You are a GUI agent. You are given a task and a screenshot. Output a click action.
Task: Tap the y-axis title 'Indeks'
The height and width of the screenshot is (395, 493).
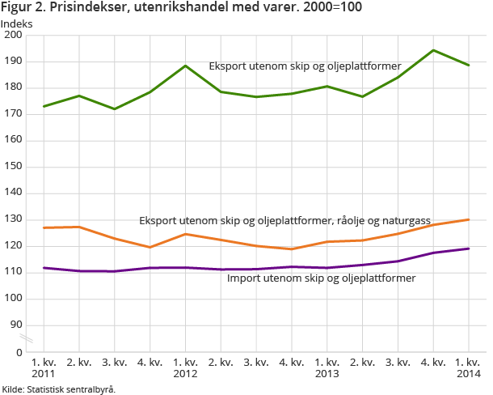[x=17, y=23]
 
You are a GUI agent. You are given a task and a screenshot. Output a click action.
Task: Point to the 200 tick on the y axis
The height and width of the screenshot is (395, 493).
[x=13, y=36]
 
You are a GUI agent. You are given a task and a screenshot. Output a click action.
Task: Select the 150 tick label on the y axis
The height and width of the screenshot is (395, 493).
[x=13, y=167]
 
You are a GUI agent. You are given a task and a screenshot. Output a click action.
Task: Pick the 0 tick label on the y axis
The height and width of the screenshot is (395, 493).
[x=19, y=352]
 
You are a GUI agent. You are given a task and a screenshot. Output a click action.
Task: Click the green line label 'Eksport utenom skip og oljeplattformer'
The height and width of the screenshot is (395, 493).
[x=305, y=66]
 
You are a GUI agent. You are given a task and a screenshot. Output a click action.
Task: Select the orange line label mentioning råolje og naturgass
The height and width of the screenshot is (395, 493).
[x=284, y=219]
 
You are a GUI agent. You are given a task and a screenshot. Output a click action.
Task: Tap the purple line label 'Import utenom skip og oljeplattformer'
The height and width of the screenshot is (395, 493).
[x=322, y=278]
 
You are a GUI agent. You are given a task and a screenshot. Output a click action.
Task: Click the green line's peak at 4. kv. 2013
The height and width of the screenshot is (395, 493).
[x=433, y=50]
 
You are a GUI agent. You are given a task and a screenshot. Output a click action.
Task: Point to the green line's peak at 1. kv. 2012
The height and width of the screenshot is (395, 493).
[x=186, y=66]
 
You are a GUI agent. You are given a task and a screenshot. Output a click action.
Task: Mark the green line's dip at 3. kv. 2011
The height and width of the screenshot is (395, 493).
[x=115, y=108]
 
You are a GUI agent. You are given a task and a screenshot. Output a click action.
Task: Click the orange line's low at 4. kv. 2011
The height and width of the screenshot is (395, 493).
[x=150, y=247]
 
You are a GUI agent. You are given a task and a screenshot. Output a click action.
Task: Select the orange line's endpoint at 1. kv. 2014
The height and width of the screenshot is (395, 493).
[x=469, y=219]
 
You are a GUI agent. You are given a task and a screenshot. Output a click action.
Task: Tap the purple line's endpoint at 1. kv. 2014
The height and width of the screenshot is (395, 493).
[x=469, y=248]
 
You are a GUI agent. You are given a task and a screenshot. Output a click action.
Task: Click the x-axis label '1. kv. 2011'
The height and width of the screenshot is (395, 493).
[x=44, y=368]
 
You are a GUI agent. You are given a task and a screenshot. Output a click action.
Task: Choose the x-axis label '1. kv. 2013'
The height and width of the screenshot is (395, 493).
[x=327, y=368]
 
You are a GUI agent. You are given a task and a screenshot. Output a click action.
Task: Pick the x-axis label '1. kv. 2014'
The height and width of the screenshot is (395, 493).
[x=469, y=368]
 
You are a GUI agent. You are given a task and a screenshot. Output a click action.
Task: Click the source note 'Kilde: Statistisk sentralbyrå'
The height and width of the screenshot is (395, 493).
[x=59, y=389]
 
